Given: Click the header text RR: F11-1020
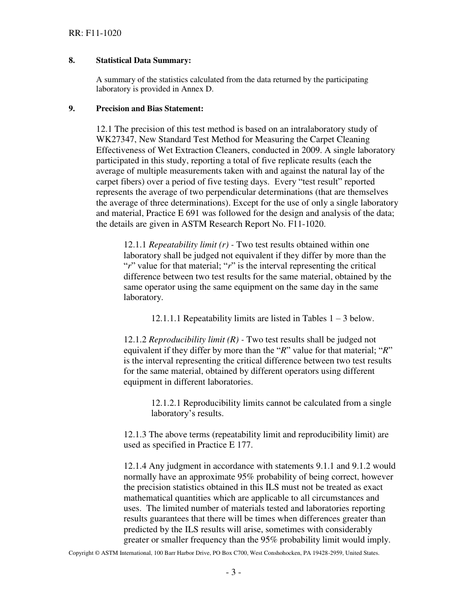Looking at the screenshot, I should [x=95, y=33].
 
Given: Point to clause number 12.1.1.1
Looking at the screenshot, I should [x=166, y=318].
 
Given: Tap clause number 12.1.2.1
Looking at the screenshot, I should [x=166, y=403].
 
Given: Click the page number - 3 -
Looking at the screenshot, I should [x=233, y=572].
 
